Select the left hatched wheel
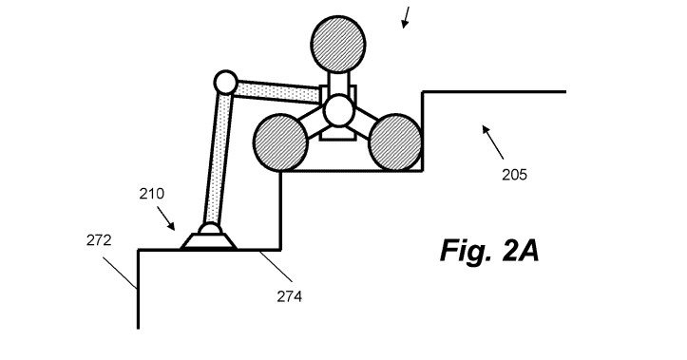tap(280, 142)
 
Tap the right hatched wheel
tap(395, 142)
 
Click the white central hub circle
tap(338, 110)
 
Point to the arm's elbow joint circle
tap(225, 83)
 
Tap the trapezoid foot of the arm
tap(210, 239)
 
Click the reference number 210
tap(151, 194)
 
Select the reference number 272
tap(99, 240)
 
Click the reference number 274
tap(290, 295)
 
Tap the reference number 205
tap(514, 174)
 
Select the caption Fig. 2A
tap(489, 251)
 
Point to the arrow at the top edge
tap(407, 16)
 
